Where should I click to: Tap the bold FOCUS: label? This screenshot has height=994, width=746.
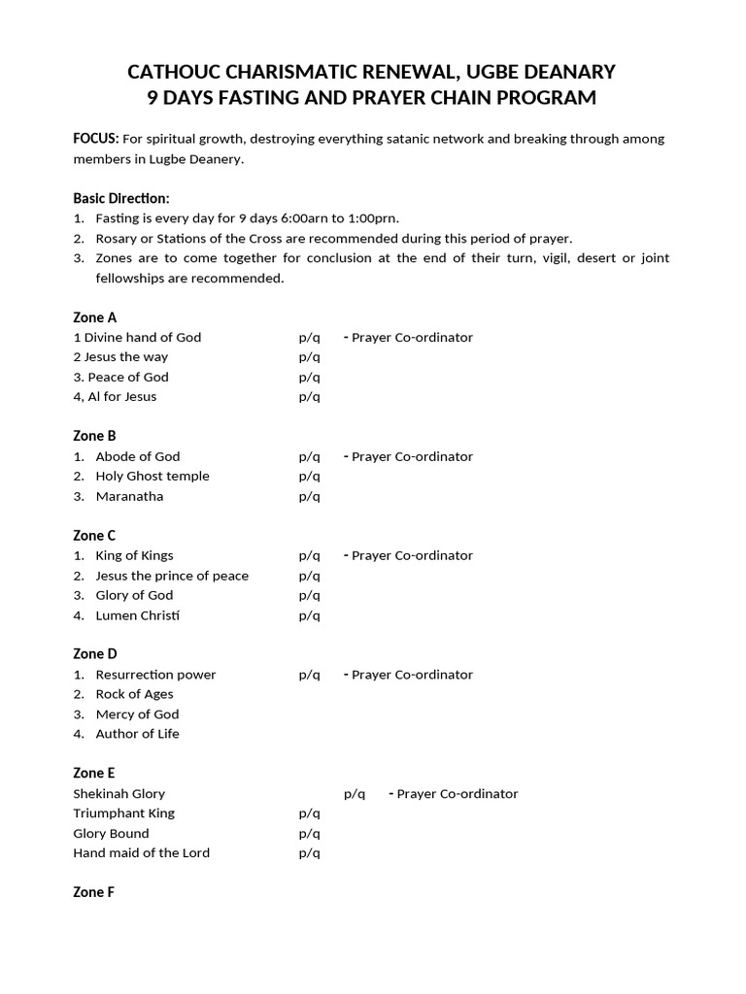[96, 139]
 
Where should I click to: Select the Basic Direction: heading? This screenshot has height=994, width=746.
[121, 198]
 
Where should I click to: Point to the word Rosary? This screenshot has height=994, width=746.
[117, 238]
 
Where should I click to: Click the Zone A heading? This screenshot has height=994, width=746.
[95, 317]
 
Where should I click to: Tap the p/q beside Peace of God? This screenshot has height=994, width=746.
[309, 377]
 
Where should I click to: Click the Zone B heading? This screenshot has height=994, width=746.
[95, 436]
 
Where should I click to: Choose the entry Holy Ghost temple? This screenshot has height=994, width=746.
[153, 476]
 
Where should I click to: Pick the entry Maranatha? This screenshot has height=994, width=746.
[129, 496]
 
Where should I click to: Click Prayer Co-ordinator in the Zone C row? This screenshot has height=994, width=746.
[412, 555]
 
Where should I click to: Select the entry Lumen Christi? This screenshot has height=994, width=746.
[138, 615]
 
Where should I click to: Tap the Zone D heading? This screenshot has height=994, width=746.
[95, 654]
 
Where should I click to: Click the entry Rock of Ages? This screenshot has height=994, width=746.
[134, 694]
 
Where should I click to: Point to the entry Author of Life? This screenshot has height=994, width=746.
[137, 734]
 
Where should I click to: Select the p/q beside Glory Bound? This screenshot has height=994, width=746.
[309, 833]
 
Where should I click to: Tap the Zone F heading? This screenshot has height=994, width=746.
[94, 892]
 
